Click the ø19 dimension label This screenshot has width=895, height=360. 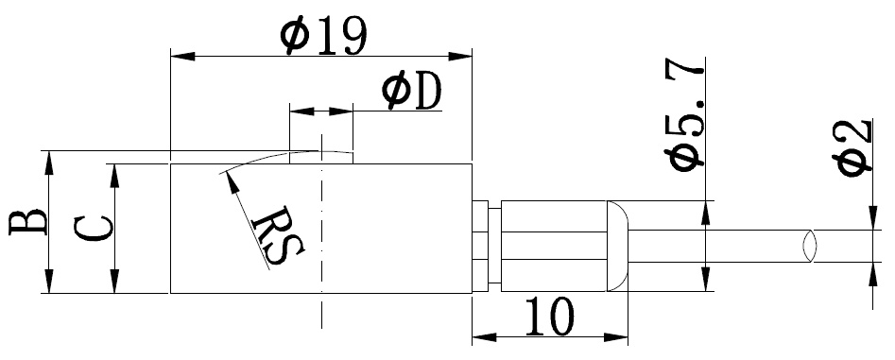pyautogui.click(x=323, y=35)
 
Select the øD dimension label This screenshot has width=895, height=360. pyautogui.click(x=412, y=91)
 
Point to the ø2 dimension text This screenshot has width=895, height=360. pyautogui.click(x=854, y=148)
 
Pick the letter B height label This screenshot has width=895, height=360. pyautogui.click(x=28, y=222)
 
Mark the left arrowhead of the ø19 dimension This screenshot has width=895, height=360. pyautogui.click(x=182, y=56)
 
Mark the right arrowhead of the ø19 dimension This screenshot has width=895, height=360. pyautogui.click(x=460, y=56)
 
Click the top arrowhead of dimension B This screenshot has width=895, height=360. pyautogui.click(x=49, y=163)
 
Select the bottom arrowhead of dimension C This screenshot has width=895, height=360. pyautogui.click(x=114, y=282)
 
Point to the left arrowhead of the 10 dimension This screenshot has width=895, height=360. pyautogui.click(x=484, y=337)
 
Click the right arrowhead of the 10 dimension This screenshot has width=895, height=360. pyautogui.click(x=616, y=337)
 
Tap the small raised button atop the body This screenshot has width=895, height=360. pyautogui.click(x=321, y=158)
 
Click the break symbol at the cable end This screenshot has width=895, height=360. pyautogui.click(x=809, y=246)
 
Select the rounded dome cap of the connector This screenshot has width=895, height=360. pyautogui.click(x=617, y=246)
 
